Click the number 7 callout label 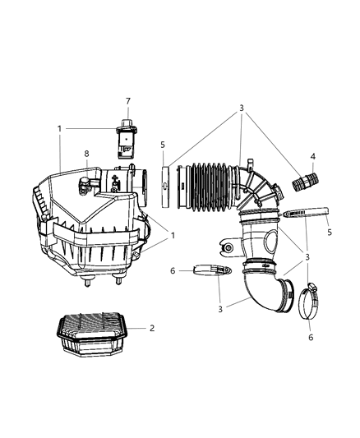click(127, 100)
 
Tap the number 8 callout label click(85, 153)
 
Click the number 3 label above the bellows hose click(241, 108)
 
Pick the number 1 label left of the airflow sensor click(60, 129)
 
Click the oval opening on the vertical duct click(268, 241)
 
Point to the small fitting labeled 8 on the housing click(85, 182)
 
